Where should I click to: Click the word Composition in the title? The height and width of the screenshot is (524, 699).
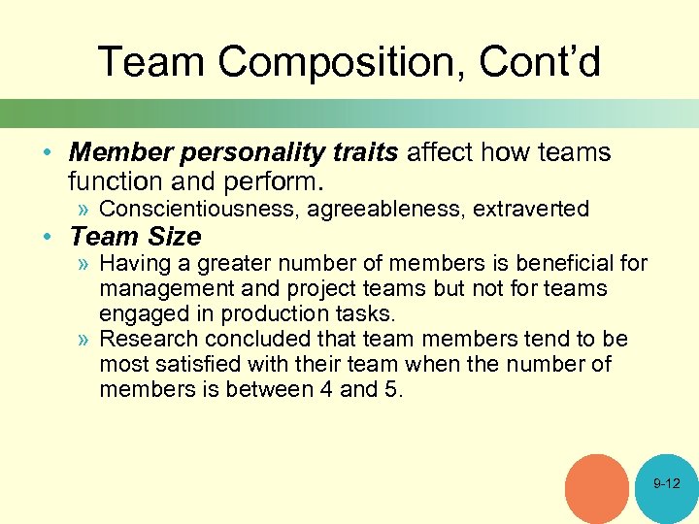click(x=327, y=62)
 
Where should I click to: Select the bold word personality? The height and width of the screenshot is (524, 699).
click(x=243, y=153)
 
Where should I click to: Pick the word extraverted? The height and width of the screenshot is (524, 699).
click(x=531, y=209)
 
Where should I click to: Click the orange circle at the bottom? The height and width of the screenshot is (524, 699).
click(x=597, y=487)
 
